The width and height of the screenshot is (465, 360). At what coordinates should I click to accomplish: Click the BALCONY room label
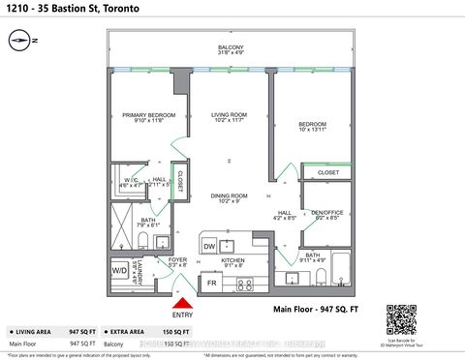[x=231, y=47]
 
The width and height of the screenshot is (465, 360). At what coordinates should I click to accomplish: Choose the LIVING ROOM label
[x=231, y=118]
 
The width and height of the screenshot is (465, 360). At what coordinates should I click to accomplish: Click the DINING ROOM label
[x=231, y=198]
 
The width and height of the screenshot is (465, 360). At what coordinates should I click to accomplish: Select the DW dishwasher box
[x=210, y=248]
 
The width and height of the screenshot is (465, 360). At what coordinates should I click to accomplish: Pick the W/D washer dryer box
[x=120, y=270]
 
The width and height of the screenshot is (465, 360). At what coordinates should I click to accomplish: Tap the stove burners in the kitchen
[x=244, y=284]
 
